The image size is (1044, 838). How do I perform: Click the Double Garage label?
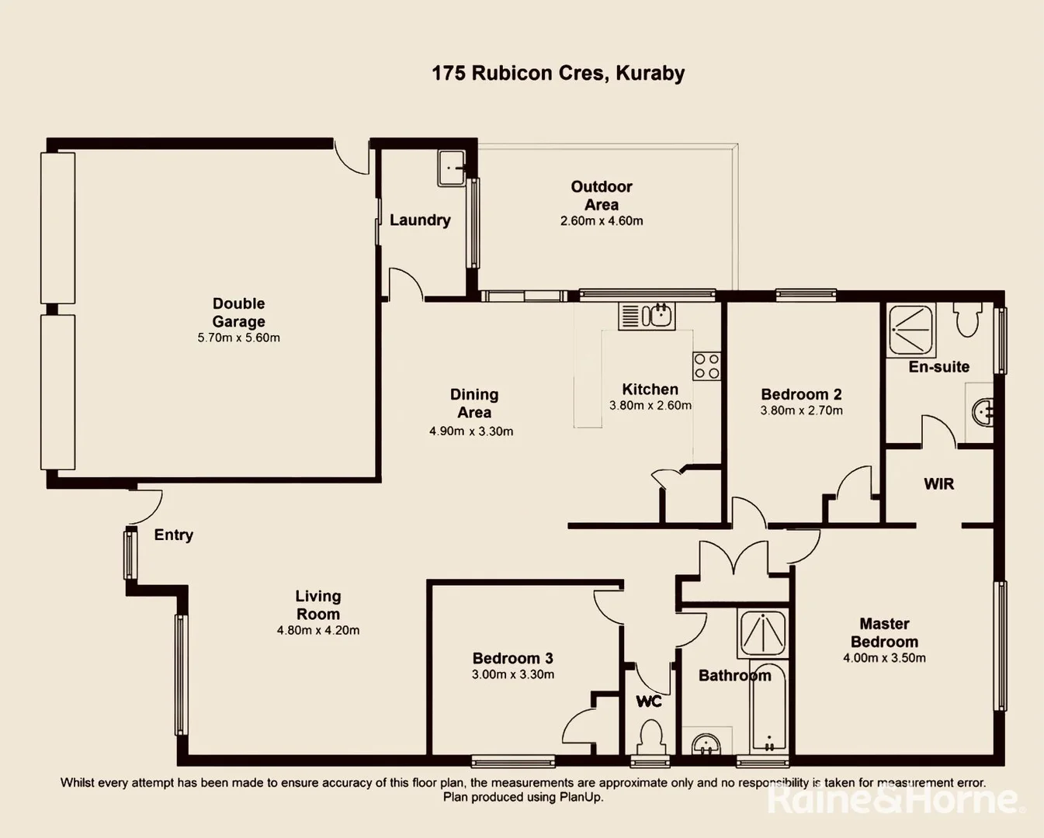click(x=238, y=313)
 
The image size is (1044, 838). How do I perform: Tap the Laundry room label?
click(x=420, y=220)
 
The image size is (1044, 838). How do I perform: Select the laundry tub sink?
click(x=452, y=168)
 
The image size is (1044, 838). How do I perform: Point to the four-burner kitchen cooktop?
click(x=706, y=366)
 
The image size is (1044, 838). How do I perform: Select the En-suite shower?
click(x=911, y=329)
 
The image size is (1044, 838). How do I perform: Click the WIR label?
click(x=938, y=484)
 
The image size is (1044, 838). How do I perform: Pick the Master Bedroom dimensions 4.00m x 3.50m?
click(x=884, y=658)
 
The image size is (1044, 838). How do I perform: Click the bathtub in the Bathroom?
click(x=769, y=708)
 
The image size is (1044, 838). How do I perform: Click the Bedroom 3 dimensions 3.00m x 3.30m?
click(x=513, y=675)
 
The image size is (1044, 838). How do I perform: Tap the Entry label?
click(x=173, y=535)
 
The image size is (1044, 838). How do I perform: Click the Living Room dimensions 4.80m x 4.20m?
click(x=318, y=631)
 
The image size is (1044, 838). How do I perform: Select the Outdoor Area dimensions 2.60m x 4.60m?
click(x=602, y=221)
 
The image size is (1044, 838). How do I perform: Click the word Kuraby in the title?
click(x=650, y=74)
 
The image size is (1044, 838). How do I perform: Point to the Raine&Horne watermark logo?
click(x=893, y=799)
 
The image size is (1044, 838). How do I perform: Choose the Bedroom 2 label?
click(x=801, y=394)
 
